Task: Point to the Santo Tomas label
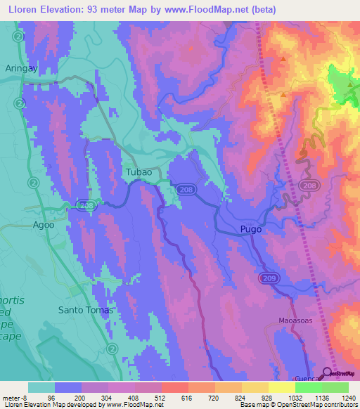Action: pos(85,309)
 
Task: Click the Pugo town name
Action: pos(251,229)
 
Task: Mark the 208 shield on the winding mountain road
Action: pos(306,186)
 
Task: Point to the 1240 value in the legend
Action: pos(347,398)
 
